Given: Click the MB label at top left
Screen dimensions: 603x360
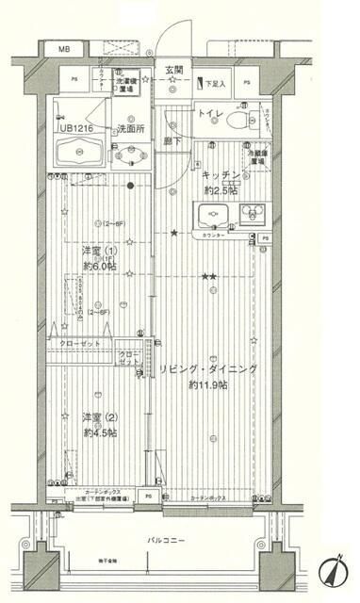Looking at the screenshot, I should (x=64, y=48).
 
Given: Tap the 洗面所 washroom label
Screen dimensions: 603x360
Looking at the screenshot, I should (x=130, y=128).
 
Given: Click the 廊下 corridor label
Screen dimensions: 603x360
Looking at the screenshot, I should (x=171, y=141).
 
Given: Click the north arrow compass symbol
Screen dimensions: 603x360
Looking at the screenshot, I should (x=336, y=569).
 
